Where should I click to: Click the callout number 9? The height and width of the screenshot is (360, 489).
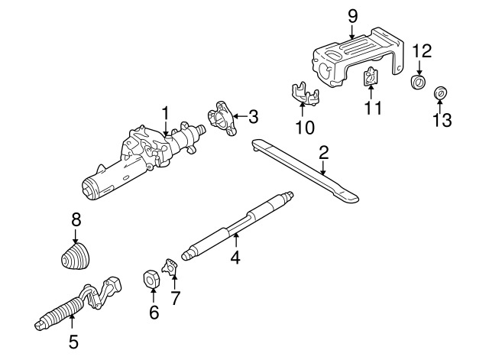point(352,16)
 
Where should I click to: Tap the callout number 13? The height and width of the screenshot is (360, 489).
point(442,120)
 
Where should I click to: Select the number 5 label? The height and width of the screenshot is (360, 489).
point(73,342)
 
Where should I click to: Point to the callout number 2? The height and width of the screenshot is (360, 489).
point(324,153)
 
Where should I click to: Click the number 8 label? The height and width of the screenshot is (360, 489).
point(76,219)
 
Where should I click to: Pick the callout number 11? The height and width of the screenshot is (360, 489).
point(374,108)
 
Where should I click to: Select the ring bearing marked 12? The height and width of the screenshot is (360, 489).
point(418,82)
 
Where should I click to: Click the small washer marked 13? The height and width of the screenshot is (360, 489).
point(440,93)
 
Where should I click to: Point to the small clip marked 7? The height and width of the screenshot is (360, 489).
point(170,266)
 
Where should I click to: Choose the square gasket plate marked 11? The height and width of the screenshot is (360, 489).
point(371,76)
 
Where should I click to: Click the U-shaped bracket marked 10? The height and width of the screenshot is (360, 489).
point(304,95)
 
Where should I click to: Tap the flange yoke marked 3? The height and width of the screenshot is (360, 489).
point(222,119)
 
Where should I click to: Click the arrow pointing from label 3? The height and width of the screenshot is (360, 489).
point(240,117)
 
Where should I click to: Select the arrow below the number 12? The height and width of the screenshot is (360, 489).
point(419,68)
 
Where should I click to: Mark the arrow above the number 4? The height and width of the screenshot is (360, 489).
point(236,241)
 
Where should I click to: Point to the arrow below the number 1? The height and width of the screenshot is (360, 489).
point(166,128)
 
